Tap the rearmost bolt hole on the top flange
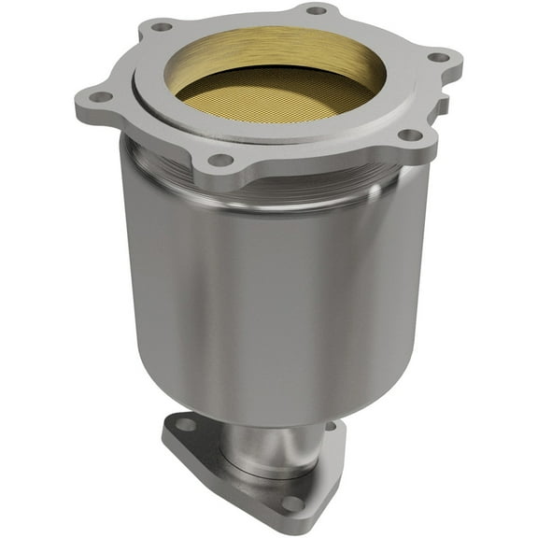(317, 10)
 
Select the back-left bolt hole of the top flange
(162, 26)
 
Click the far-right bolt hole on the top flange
(438, 57)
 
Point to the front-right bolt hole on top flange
(409, 135)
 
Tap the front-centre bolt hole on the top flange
(220, 160)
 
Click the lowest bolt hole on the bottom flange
(292, 503)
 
